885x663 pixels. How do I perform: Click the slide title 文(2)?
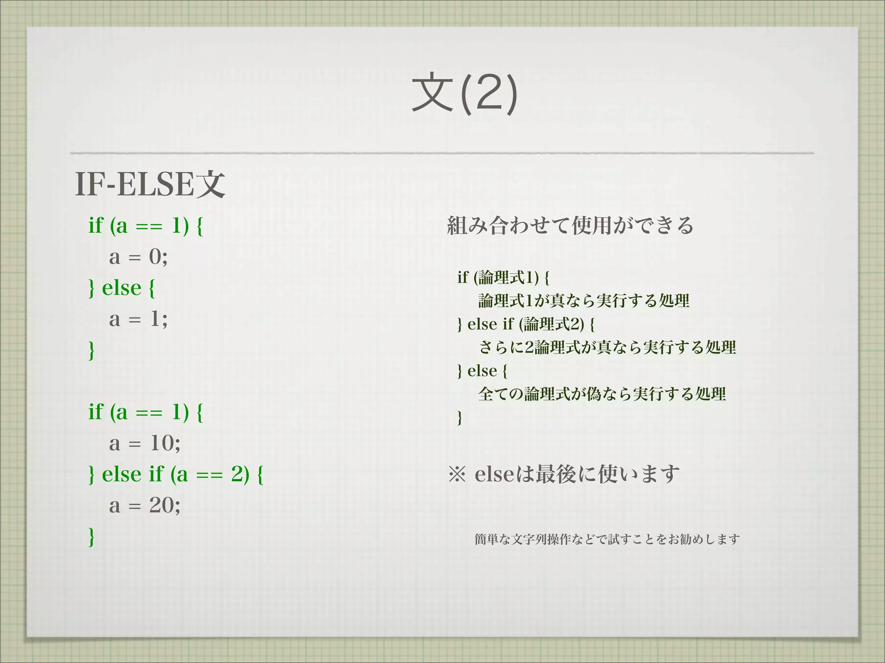[465, 94]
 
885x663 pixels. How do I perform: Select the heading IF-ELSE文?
[150, 184]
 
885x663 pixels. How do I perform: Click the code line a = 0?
[138, 257]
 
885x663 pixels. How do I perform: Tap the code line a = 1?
[138, 319]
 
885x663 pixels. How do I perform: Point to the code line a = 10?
[145, 443]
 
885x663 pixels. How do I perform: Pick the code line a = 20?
[145, 505]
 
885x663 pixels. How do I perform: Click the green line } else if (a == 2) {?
[176, 474]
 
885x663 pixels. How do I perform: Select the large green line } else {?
[121, 288]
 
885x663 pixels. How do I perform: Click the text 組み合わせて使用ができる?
[570, 225]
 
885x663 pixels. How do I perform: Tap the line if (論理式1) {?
[503, 277]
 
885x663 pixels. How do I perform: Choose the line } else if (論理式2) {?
[525, 324]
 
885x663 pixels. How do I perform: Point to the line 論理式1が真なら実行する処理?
[583, 300]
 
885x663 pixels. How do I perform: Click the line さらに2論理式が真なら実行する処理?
[607, 347]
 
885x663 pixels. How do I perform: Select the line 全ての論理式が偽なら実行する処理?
[602, 394]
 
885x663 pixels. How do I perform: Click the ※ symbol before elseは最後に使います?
[457, 474]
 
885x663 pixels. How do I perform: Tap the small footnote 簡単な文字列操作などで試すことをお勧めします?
[607, 539]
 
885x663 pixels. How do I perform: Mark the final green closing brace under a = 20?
[91, 537]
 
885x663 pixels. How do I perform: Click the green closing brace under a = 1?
[91, 350]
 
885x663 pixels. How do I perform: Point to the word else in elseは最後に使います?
[494, 474]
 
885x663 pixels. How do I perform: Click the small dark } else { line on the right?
[482, 370]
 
